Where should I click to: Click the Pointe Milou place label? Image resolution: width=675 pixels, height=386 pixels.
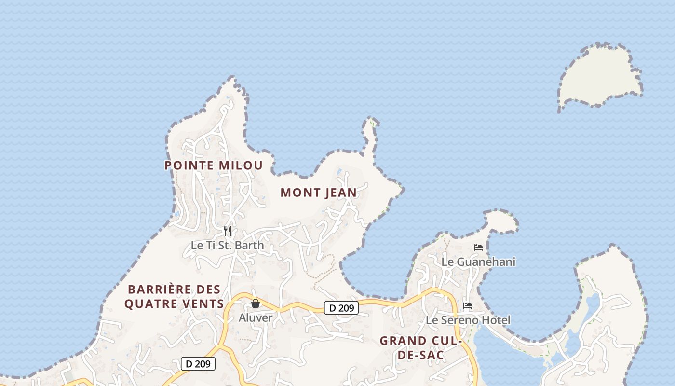click(x=214, y=165)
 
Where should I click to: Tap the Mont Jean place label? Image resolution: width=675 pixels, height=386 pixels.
click(x=319, y=193)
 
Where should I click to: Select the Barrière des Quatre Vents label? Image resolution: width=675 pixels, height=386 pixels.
click(x=174, y=296)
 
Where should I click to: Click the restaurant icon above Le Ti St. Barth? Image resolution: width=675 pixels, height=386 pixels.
click(x=228, y=231)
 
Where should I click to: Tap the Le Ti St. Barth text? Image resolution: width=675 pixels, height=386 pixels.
click(x=228, y=245)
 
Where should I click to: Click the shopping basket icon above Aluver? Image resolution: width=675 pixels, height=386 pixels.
click(x=256, y=303)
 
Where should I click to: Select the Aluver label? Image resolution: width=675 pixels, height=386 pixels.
click(x=256, y=317)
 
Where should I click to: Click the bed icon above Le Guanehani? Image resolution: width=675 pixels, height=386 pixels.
click(x=478, y=248)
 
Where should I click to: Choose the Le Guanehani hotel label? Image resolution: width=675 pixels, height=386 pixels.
click(x=478, y=262)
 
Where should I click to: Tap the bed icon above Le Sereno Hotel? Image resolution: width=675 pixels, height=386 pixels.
click(x=468, y=305)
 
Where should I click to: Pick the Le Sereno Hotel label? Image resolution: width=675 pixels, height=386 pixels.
click(x=468, y=320)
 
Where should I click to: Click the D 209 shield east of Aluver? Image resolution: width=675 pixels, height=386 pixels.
click(x=341, y=307)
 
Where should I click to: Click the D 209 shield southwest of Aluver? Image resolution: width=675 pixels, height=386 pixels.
click(x=198, y=364)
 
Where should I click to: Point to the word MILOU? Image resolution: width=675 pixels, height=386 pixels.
click(x=241, y=165)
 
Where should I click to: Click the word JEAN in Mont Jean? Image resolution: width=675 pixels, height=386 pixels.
click(x=340, y=193)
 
